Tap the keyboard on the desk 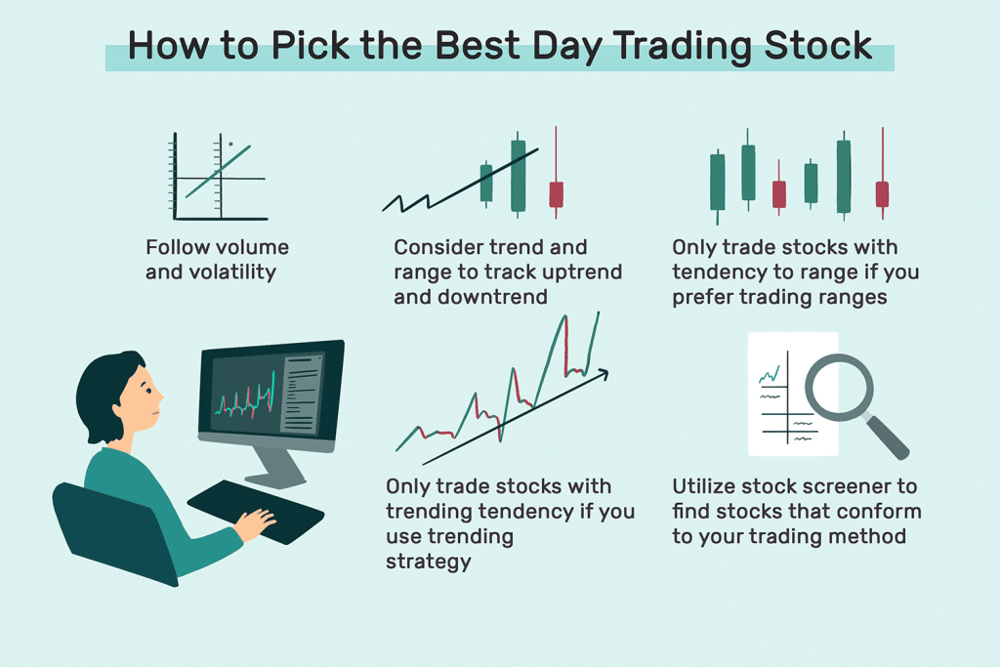[256, 510]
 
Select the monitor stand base [276, 479]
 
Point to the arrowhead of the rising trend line [604, 372]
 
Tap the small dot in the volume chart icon [230, 144]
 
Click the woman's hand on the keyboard [256, 524]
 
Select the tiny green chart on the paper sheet [771, 373]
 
